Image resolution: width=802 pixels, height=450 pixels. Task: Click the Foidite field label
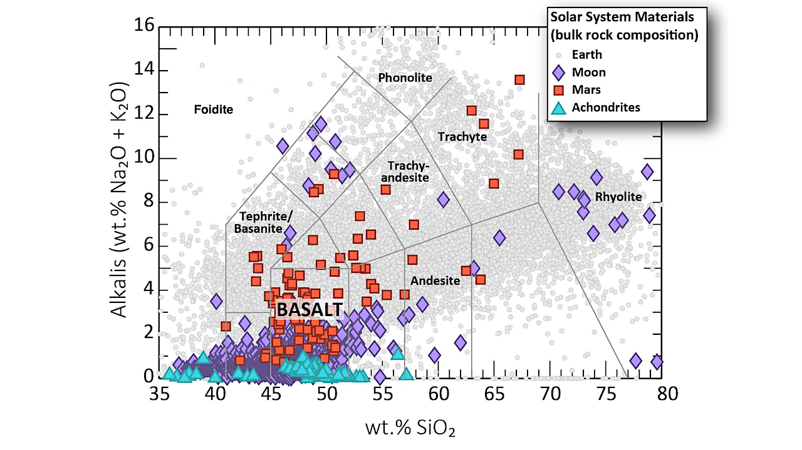(214, 110)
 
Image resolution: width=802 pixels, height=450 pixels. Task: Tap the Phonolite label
(405, 78)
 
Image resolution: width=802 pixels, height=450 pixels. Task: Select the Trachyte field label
(462, 136)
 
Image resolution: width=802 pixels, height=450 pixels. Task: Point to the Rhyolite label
(618, 197)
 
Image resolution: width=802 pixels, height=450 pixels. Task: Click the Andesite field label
(435, 281)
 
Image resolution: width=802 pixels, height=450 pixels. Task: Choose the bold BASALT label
(310, 310)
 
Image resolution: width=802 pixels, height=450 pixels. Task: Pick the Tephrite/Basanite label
(264, 222)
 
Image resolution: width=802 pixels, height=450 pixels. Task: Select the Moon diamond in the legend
(558, 73)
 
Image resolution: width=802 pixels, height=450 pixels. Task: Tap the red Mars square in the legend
(558, 90)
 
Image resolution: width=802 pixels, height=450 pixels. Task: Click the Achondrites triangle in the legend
(558, 108)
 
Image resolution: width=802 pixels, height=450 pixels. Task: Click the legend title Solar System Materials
(622, 17)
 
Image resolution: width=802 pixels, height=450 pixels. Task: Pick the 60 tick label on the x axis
(439, 394)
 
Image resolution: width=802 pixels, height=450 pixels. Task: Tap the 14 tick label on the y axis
(144, 69)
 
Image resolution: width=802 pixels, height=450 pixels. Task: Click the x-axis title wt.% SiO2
(410, 428)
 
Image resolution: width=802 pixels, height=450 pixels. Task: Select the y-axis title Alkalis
(118, 200)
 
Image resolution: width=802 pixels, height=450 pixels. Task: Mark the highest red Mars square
(519, 79)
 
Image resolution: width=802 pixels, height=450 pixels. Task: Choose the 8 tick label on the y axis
(148, 202)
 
